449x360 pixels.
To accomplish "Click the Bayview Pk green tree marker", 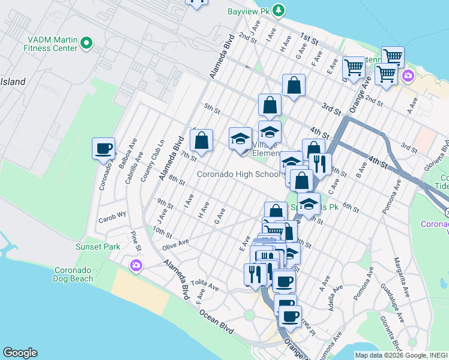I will point(279,10).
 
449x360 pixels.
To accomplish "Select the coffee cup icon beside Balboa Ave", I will point(103,148).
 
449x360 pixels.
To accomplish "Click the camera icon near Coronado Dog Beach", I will point(136,265).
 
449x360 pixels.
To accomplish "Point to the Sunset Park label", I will point(97,247).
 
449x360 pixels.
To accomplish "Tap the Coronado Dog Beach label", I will point(74,274).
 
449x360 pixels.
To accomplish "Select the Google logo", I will point(20,353).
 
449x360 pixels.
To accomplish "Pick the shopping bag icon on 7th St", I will point(202,141).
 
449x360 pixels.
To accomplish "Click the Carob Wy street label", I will point(113,214).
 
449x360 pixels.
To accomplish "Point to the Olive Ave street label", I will point(175,243).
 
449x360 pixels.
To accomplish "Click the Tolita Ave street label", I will point(202,282).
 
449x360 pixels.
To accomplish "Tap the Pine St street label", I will point(137,244).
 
